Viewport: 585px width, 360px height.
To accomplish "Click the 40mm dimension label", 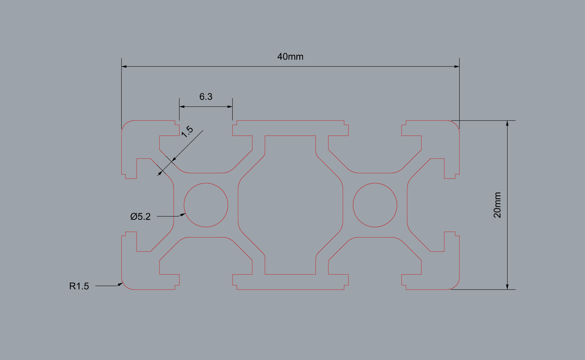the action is [290, 57].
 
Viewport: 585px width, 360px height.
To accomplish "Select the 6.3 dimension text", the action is [206, 97].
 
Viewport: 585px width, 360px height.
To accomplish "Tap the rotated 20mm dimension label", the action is [497, 205].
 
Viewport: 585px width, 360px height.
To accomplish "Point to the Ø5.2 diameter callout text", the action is [140, 216].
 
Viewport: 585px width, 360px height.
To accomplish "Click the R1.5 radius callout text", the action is [79, 286].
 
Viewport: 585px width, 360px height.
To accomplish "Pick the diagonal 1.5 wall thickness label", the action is [187, 132].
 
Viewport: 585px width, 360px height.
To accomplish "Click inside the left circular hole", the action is [206, 205].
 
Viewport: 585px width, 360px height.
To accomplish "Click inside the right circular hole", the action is [375, 205].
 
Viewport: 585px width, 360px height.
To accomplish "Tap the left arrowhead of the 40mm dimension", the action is [124, 66].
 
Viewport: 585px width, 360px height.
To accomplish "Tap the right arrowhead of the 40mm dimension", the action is [457, 66].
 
